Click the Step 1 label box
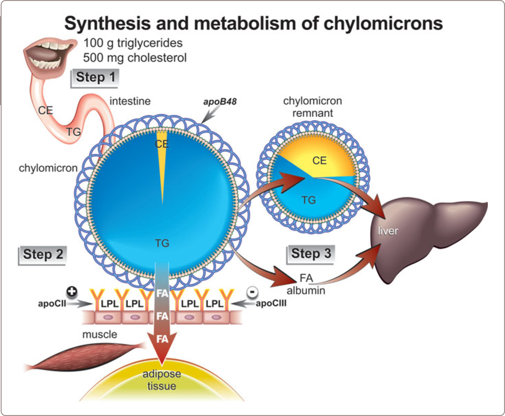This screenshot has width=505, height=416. click(x=95, y=78)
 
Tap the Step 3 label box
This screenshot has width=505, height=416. click(x=311, y=254)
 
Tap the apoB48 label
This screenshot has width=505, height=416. click(x=220, y=102)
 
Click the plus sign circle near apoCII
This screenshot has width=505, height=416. click(x=72, y=292)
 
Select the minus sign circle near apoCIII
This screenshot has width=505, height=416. click(x=252, y=292)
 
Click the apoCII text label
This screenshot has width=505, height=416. click(x=52, y=304)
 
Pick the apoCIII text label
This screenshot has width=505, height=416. click(x=271, y=304)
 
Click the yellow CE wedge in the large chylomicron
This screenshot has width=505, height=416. click(x=162, y=161)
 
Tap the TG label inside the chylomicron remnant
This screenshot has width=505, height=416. click(x=308, y=200)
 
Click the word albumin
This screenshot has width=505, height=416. click(x=306, y=291)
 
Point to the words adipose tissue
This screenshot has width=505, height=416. click(x=162, y=380)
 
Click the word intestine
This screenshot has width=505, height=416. click(x=130, y=101)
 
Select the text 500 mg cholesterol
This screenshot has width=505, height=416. click(x=135, y=57)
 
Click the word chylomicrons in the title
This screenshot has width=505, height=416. click(x=383, y=23)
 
